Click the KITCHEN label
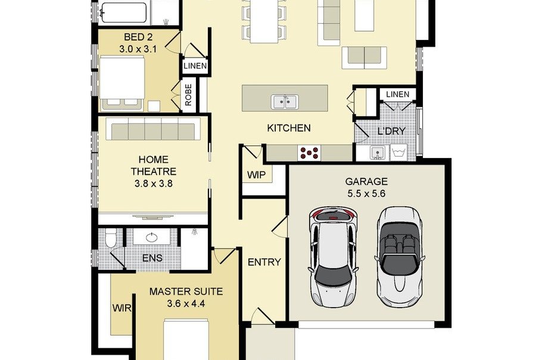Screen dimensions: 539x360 [x=289, y=128]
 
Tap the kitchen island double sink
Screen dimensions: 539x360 [x=285, y=102]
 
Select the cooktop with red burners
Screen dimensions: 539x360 [x=309, y=153]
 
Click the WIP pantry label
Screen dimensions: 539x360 [x=257, y=175]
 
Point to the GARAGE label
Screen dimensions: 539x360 [x=366, y=181]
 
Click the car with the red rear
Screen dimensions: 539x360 [x=333, y=256]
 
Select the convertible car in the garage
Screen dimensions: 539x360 [x=400, y=257]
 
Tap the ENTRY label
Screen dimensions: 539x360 [x=264, y=262]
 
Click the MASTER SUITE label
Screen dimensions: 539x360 [x=186, y=291]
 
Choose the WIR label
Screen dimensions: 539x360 [x=121, y=308]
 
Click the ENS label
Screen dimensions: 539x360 [x=152, y=258]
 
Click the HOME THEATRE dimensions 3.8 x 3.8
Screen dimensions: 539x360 [x=153, y=184]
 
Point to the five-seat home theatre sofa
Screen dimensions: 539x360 [x=153, y=129]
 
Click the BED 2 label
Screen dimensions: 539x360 [x=138, y=37]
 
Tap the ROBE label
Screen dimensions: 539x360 [x=188, y=95]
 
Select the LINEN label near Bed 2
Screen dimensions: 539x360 [x=195, y=66]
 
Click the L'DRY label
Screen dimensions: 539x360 [x=391, y=131]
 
